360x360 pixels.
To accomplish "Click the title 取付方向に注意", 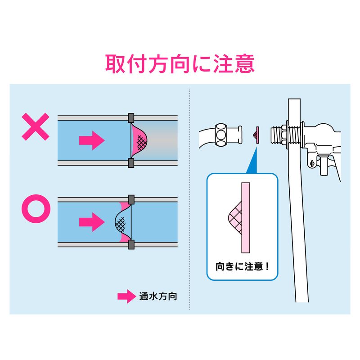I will (180, 64).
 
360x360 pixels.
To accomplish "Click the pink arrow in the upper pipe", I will (92, 140).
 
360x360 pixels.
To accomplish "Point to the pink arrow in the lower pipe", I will (92, 221).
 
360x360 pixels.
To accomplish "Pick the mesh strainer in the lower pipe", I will (122, 221).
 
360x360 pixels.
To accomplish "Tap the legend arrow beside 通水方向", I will (126, 296).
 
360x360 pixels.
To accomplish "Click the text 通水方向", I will (158, 297).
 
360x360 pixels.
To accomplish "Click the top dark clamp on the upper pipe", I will (131, 118).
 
